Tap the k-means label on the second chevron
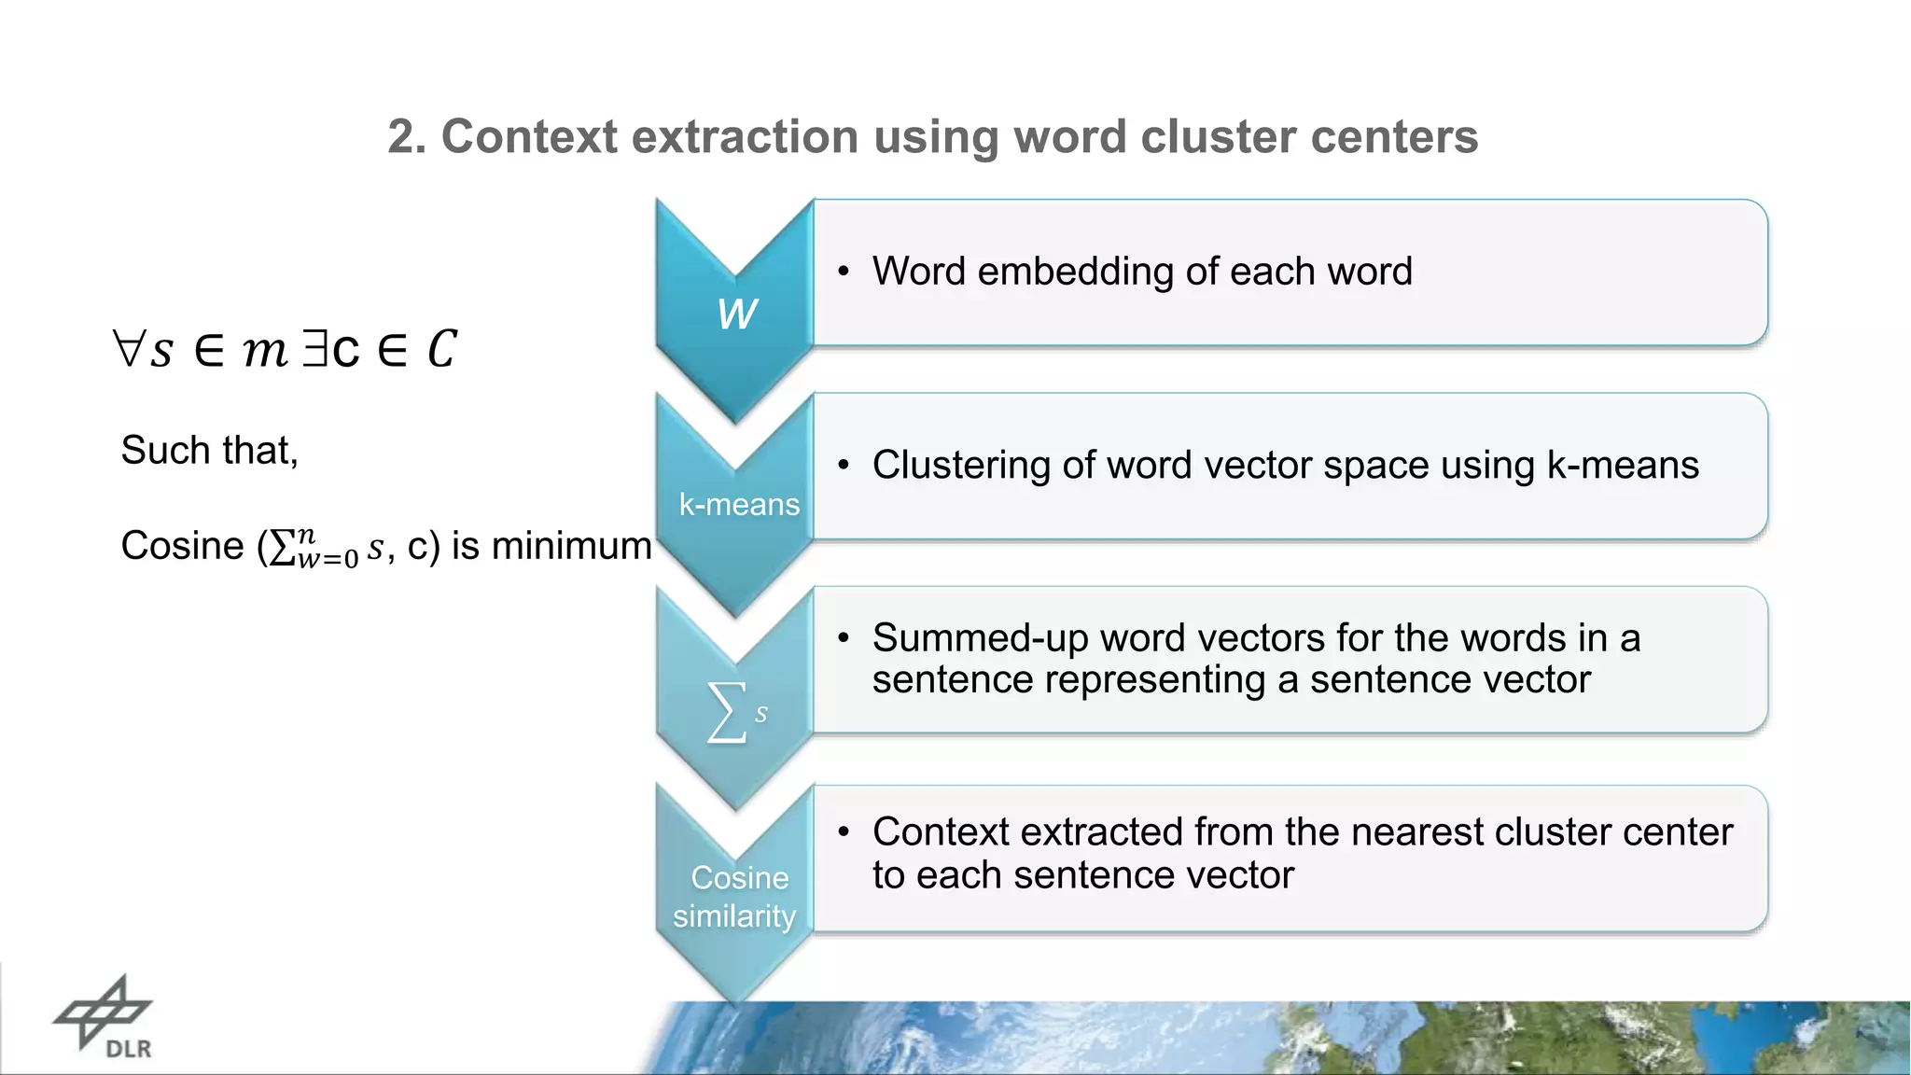click(x=739, y=505)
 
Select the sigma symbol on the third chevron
click(x=728, y=712)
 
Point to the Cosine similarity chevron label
click(x=736, y=897)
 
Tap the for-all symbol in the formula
click(x=127, y=349)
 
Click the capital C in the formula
click(x=441, y=349)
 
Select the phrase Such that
click(x=209, y=451)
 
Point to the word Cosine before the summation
click(x=182, y=546)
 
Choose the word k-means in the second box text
click(x=1623, y=465)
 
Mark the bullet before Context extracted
click(x=844, y=831)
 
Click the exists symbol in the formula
click(x=314, y=349)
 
